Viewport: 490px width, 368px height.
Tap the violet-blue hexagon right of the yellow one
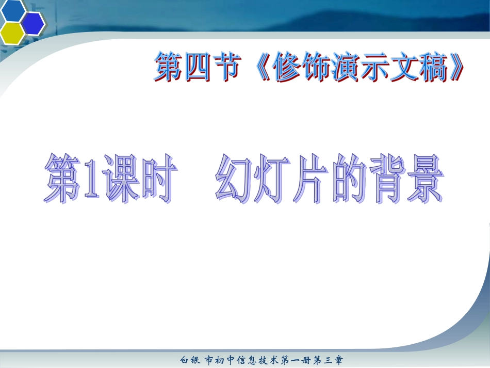(x=33, y=23)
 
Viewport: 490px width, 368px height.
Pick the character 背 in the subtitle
(x=380, y=180)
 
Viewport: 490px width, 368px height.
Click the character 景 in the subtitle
(x=422, y=180)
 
